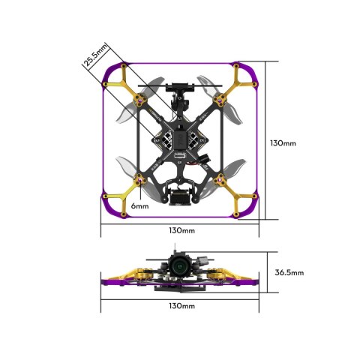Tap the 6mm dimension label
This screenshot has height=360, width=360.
click(139, 205)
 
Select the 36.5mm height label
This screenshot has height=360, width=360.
click(289, 272)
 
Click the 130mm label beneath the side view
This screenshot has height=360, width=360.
click(181, 306)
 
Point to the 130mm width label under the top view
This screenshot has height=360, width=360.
click(181, 229)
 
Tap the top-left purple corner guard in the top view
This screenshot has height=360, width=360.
click(112, 74)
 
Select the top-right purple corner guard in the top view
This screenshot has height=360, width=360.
click(250, 74)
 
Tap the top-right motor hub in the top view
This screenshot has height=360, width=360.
click(221, 99)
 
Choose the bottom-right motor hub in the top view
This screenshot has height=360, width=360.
click(221, 180)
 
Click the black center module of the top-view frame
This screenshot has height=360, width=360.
click(180, 141)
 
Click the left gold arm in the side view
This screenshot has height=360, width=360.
click(131, 276)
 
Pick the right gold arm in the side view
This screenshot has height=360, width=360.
click(229, 276)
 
